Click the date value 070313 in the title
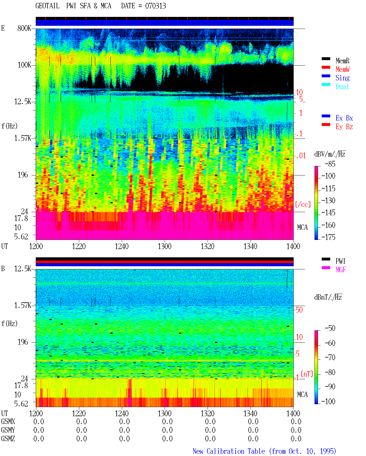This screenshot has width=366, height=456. pyautogui.click(x=155, y=6)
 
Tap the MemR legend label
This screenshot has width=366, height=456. pyautogui.click(x=342, y=61)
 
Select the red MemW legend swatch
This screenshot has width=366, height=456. pyautogui.click(x=326, y=67)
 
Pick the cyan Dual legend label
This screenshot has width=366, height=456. pyautogui.click(x=342, y=86)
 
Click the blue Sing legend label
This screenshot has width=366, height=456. pyautogui.click(x=342, y=78)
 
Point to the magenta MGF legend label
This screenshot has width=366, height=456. pyautogui.click(x=341, y=270)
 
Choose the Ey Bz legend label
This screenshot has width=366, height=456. pyautogui.click(x=344, y=127)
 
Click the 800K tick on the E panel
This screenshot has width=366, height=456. pyautogui.click(x=24, y=28)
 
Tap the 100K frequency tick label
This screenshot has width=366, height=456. pyautogui.click(x=24, y=65)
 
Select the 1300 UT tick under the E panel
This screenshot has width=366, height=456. pyautogui.click(x=164, y=246)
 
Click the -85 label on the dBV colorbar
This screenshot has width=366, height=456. pyautogui.click(x=330, y=164)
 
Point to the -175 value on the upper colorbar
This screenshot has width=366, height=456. pyautogui.click(x=328, y=237)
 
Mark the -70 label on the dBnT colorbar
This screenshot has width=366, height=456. pyautogui.click(x=330, y=358)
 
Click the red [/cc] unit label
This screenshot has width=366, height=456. pyautogui.click(x=303, y=204)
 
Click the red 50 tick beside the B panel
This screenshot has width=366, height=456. pyautogui.click(x=299, y=310)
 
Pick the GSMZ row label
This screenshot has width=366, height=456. pyautogui.click(x=8, y=439)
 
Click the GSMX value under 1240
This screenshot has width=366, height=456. pyautogui.click(x=124, y=421)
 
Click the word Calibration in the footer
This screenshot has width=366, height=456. pyautogui.click(x=236, y=451)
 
